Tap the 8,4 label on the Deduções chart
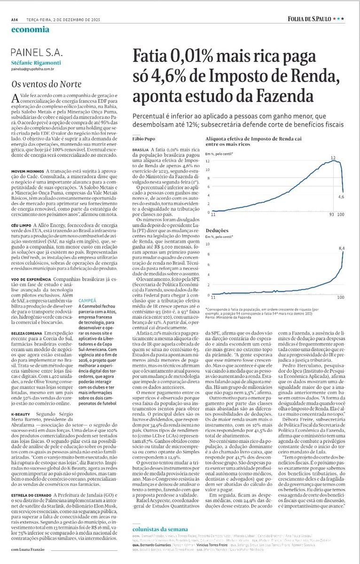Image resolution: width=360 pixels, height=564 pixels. pos(342,248)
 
